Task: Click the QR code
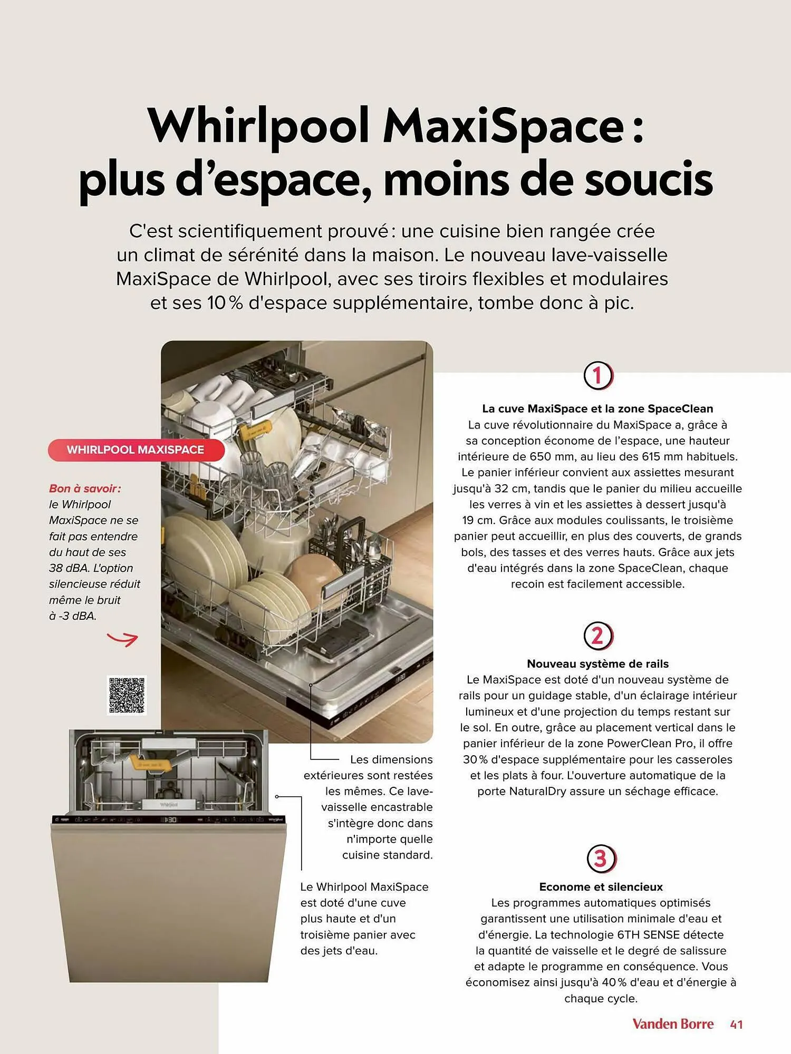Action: (127, 695)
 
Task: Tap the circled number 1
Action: (598, 376)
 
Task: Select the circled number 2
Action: (598, 636)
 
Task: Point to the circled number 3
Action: (601, 858)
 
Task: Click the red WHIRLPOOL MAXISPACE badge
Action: (136, 450)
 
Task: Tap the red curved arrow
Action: (122, 639)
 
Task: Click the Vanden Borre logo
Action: (673, 1024)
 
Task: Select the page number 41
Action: (737, 1024)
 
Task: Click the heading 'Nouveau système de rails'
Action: (597, 664)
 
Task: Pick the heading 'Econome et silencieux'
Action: (601, 887)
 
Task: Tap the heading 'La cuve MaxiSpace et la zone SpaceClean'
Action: (597, 408)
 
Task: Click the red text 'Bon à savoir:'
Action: (85, 489)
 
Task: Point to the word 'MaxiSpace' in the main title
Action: (504, 126)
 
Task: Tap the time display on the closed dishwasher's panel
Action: (169, 820)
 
